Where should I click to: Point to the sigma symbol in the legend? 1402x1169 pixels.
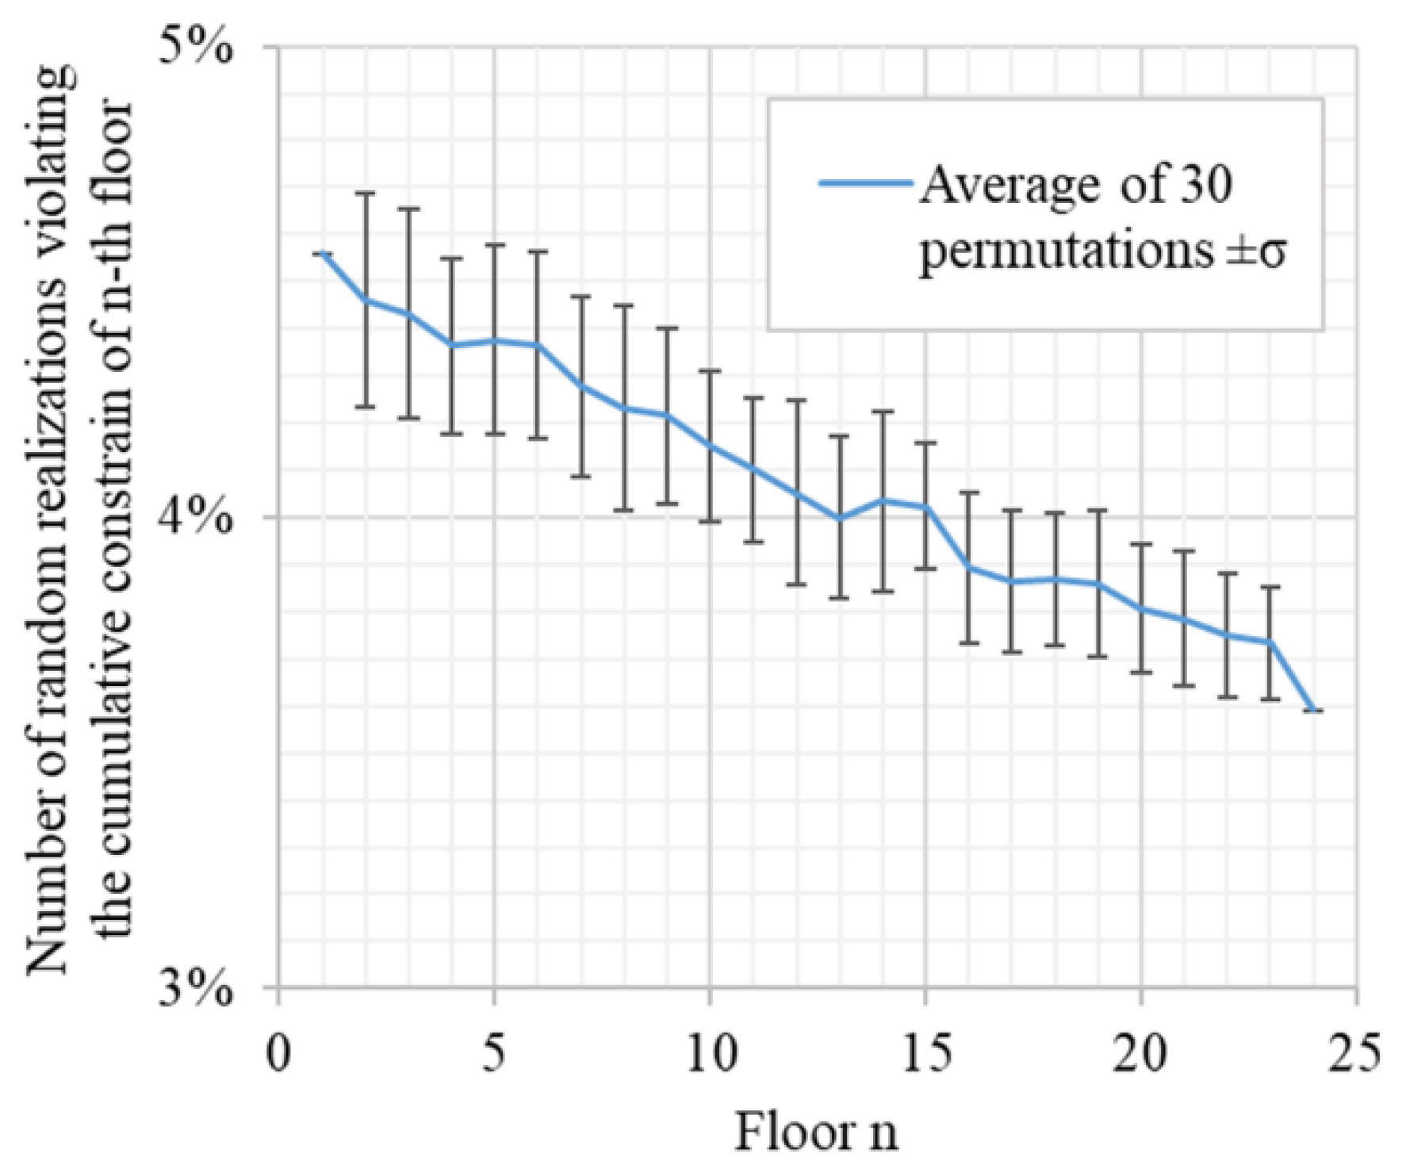(1270, 255)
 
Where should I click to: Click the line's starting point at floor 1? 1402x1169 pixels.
(322, 253)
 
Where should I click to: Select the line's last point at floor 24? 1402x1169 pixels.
(1313, 711)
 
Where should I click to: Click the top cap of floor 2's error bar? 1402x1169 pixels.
(366, 193)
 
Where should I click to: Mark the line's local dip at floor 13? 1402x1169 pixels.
(839, 519)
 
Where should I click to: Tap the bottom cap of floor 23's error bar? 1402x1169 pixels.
(1270, 699)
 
